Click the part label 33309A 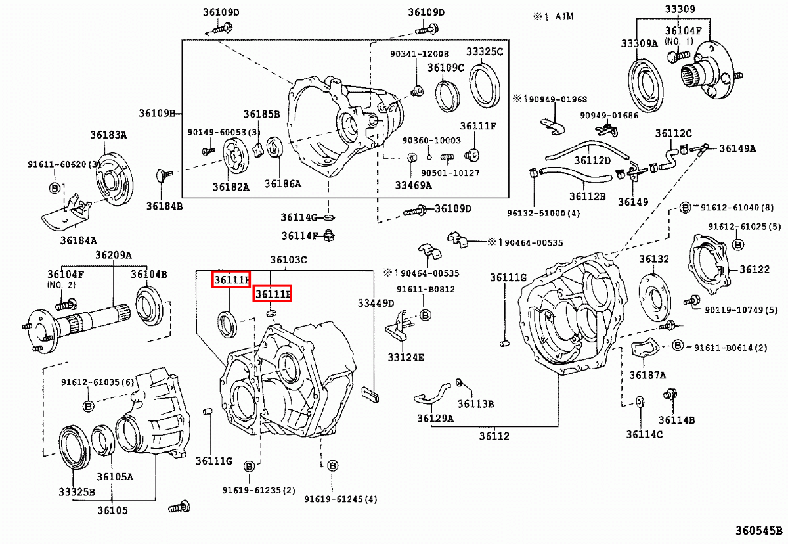[639, 43]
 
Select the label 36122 [755, 269]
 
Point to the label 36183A [108, 135]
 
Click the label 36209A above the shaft [113, 255]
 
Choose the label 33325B [77, 491]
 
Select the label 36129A [435, 417]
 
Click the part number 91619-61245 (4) [341, 499]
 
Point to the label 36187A [647, 375]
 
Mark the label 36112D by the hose [592, 160]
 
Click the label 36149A [737, 148]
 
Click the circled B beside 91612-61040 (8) [684, 208]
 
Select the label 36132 [654, 259]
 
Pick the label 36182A [231, 186]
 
